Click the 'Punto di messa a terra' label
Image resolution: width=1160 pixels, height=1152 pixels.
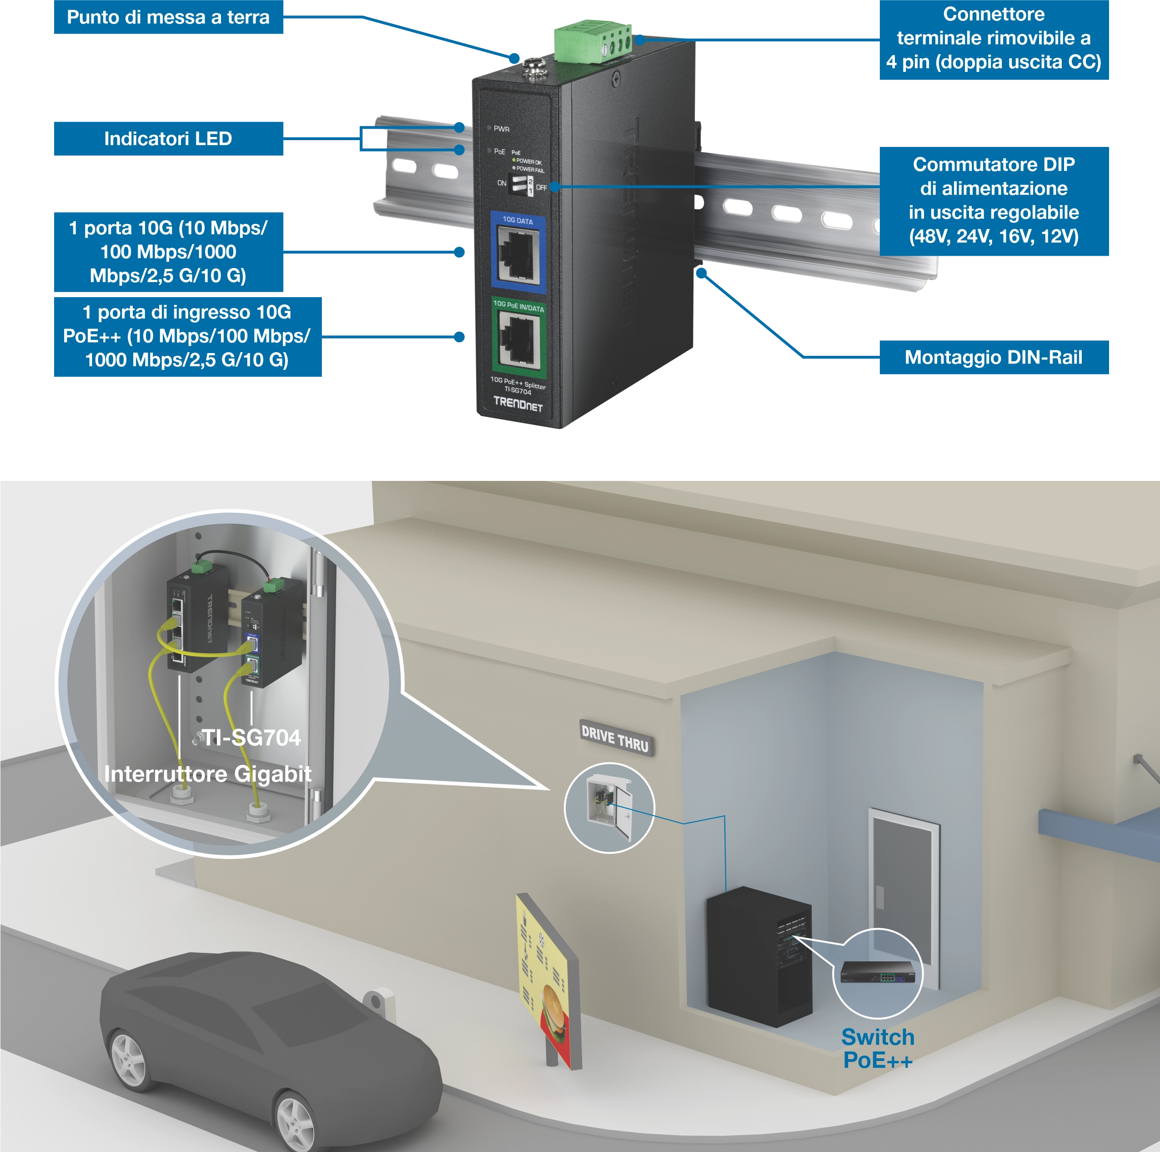(168, 17)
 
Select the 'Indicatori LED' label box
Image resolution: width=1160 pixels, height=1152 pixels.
(168, 139)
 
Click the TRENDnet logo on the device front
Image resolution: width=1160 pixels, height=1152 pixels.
(517, 404)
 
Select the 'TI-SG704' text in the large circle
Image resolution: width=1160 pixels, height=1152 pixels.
(251, 738)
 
